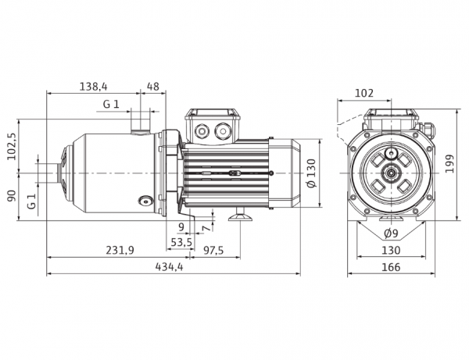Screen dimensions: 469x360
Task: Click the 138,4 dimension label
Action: pos(93,87)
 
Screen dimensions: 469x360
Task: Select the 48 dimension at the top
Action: pos(153,87)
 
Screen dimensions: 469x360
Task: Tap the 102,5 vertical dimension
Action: pos(12,146)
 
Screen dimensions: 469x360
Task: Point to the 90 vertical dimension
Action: pos(12,196)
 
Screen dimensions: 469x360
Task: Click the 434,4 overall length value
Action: pos(169,266)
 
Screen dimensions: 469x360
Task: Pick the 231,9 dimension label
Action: pos(120,250)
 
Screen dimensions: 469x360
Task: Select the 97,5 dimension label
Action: pos(213,250)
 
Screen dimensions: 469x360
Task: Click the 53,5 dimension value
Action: pos(181,242)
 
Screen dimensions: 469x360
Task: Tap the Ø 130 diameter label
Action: pos(312,173)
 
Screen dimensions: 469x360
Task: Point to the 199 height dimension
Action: pos(449,163)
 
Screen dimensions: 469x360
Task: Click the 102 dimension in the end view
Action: pos(364,93)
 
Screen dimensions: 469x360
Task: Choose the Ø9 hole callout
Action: pos(391,233)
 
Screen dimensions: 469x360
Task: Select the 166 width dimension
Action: pos(391,267)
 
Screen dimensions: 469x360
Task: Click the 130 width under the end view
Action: pos(391,250)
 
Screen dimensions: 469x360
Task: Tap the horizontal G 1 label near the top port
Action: pos(111,104)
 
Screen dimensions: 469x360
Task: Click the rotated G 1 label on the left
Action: pos(31,201)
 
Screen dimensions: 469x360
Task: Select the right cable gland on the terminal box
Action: pos(222,131)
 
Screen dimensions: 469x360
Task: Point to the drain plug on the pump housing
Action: pos(145,201)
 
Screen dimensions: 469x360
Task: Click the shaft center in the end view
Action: pos(391,173)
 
